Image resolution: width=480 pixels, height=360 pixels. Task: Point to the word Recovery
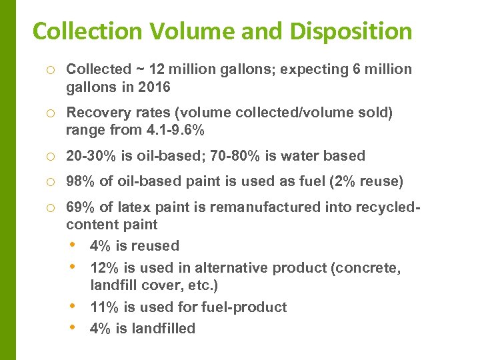(x=96, y=113)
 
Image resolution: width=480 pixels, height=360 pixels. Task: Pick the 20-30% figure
(x=90, y=156)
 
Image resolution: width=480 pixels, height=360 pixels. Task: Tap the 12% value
(x=104, y=268)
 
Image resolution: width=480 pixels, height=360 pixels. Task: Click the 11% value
(x=104, y=307)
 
